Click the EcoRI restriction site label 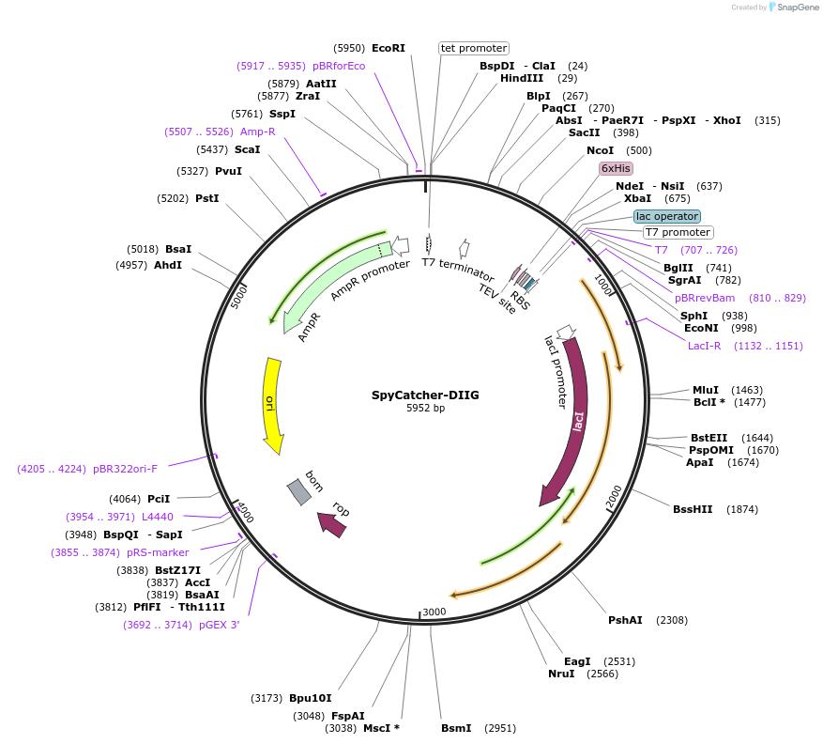coord(389,48)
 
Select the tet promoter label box coord(474,48)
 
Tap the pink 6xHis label coord(617,168)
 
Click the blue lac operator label coord(667,216)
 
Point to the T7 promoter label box coord(678,232)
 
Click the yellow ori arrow coord(273,404)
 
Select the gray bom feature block coord(299,490)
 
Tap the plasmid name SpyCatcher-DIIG coord(425,395)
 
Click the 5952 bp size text coord(425,409)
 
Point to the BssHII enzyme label coord(693,509)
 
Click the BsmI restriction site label coord(457,728)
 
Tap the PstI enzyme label coord(206,198)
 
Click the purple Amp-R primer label coord(257,132)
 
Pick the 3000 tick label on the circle coord(434,612)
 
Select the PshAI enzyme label coord(625,620)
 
